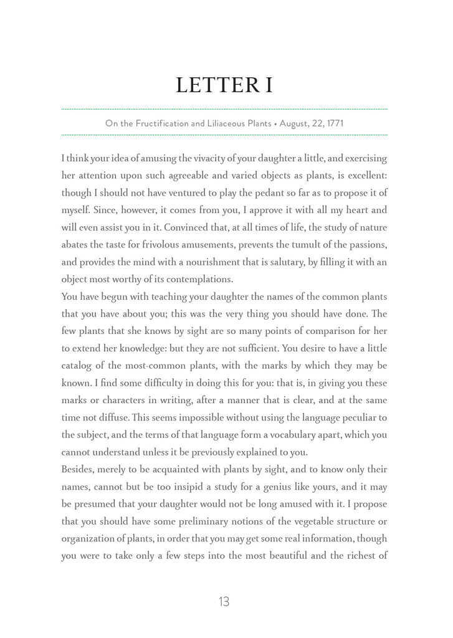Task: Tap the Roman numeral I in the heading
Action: coord(269,85)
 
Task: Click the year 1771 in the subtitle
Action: coord(331,123)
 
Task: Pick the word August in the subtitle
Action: coord(295,123)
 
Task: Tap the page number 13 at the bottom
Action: coord(224,602)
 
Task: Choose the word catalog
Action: coord(77,365)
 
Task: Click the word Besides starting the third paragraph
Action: coord(78,469)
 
